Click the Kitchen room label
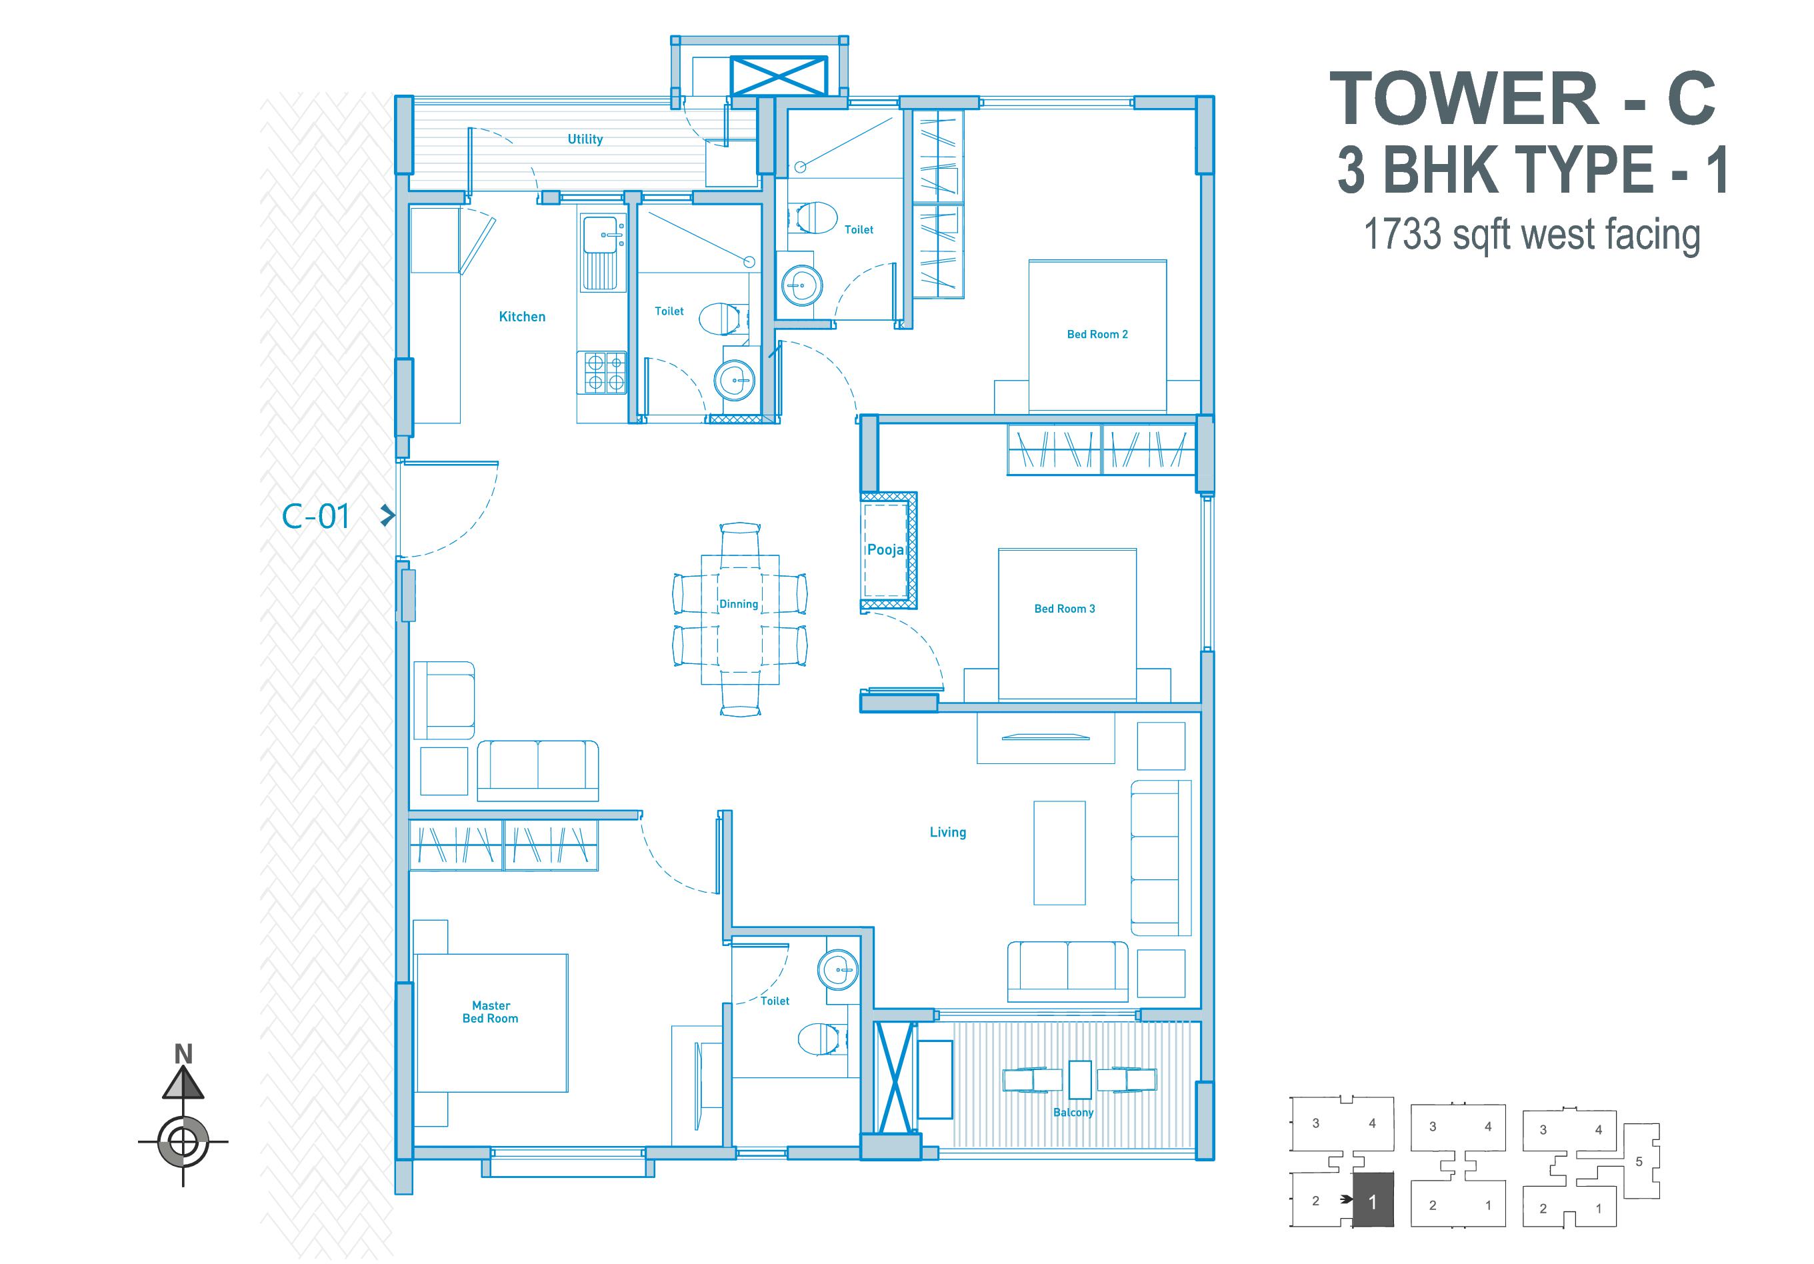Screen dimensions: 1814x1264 522,317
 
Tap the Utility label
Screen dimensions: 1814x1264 585,139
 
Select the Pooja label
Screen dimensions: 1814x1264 885,550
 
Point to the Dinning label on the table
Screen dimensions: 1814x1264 739,605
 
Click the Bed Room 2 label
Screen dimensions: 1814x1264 1097,334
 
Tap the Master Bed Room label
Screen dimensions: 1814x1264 491,1012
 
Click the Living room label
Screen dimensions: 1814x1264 947,832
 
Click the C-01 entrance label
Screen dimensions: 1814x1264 315,517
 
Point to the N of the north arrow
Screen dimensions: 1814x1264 183,1054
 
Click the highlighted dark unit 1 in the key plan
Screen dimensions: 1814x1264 1373,1201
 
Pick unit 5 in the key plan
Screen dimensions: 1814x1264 1639,1161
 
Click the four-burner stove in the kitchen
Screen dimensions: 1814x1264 605,373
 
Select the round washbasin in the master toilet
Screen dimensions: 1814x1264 837,969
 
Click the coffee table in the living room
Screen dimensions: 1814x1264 1059,853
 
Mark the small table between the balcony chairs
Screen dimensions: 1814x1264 1079,1080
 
